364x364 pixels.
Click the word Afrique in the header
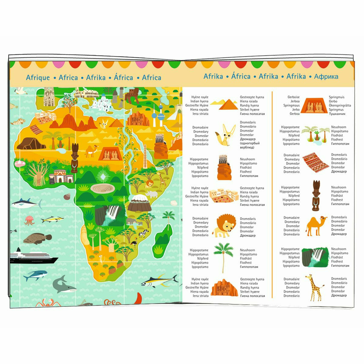[x=38, y=77]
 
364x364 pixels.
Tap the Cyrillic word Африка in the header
[x=326, y=76]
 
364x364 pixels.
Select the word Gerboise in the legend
[x=293, y=97]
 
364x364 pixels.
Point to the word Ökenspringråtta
[x=340, y=105]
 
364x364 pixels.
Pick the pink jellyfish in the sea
[x=29, y=220]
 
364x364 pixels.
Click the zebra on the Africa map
[x=143, y=234]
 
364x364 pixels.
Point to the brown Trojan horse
[x=133, y=95]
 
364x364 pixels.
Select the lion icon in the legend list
[x=224, y=225]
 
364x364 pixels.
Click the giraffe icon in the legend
[x=312, y=287]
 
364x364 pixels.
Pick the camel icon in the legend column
[x=315, y=225]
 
